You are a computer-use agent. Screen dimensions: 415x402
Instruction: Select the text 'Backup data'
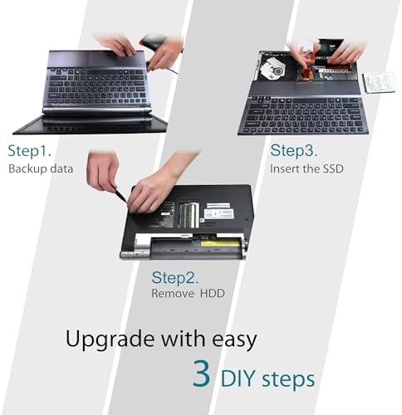point(41,169)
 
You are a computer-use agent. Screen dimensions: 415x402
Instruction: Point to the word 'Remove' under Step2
point(171,293)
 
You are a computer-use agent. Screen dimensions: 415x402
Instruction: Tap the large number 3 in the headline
point(202,374)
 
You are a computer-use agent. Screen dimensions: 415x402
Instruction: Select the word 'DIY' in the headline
point(242,378)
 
